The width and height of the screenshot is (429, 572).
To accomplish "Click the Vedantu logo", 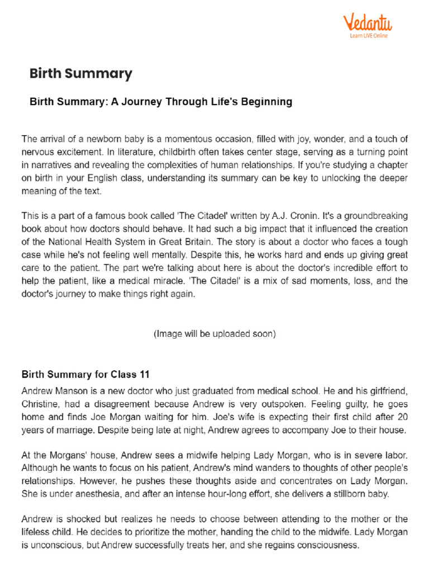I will [367, 23].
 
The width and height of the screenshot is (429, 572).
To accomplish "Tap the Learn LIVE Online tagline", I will [369, 36].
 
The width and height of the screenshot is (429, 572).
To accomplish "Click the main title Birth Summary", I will [80, 73].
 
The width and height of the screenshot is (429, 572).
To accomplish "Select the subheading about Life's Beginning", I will [161, 102].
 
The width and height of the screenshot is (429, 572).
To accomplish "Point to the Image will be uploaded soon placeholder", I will [214, 334].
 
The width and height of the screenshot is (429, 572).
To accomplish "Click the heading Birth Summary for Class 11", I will [85, 374].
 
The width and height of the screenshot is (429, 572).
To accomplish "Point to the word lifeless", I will [37, 532].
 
